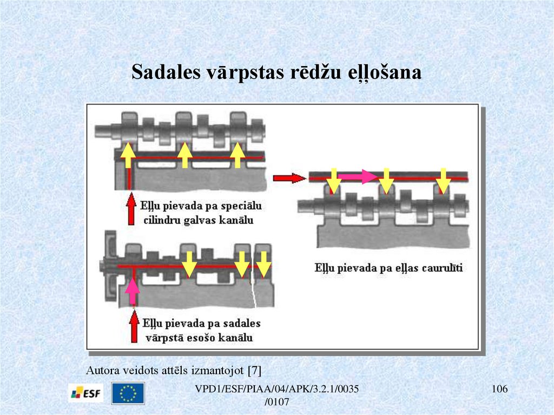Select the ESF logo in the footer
(84, 393)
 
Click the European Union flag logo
(128, 393)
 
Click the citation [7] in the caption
(254, 371)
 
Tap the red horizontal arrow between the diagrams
(286, 177)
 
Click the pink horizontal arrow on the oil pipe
(361, 176)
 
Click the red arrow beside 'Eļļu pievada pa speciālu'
(130, 211)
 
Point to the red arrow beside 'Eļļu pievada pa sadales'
(133, 327)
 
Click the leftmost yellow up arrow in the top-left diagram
(128, 155)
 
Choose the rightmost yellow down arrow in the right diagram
(443, 180)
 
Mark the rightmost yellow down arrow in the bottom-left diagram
(263, 264)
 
